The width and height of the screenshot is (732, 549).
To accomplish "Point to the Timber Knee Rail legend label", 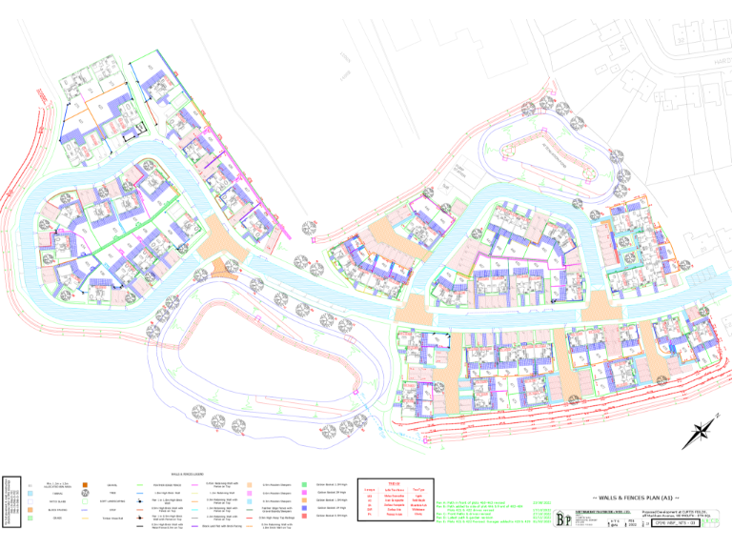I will click(x=112, y=518).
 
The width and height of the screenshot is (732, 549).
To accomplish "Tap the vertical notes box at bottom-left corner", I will click(x=9, y=505).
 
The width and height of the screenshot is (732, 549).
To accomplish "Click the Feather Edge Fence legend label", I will click(x=276, y=509).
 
